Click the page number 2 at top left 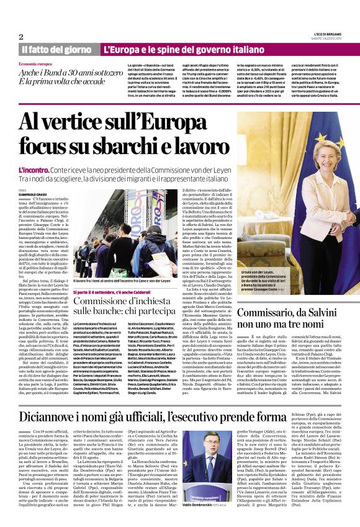pyautogui.click(x=21, y=36)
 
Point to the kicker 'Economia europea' pyautogui.click(x=35, y=64)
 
